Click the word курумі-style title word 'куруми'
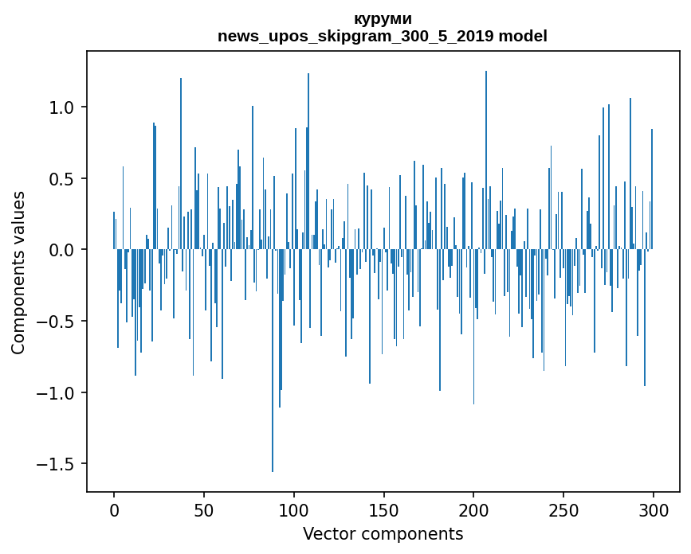coord(383,19)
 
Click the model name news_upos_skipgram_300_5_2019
coord(355,36)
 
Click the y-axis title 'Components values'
coord(18,273)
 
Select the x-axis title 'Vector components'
coord(383,534)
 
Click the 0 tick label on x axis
coord(114,510)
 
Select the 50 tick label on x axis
coord(203,510)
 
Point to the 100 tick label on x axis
coord(293,510)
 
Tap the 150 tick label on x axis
coord(383,510)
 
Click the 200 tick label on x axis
coord(473,510)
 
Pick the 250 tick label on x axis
coord(563,510)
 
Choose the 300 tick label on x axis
coord(653,510)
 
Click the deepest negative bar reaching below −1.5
coord(273,361)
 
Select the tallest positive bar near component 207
coord(486,160)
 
